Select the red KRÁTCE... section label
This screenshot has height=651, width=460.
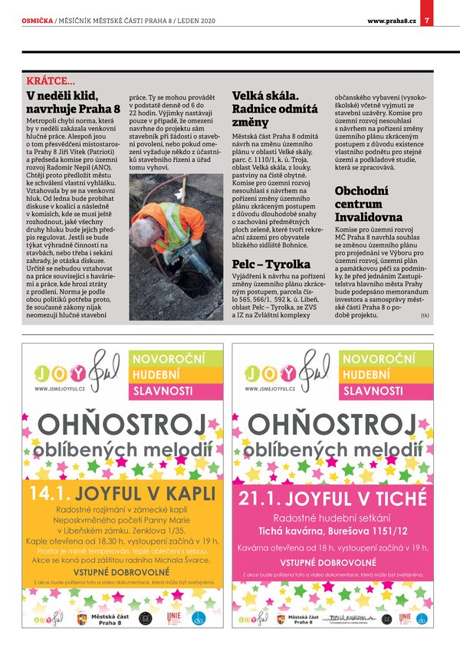tap(51, 81)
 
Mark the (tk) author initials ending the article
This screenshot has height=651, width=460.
tap(425, 315)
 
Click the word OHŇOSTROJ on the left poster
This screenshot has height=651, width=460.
tap(123, 422)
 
